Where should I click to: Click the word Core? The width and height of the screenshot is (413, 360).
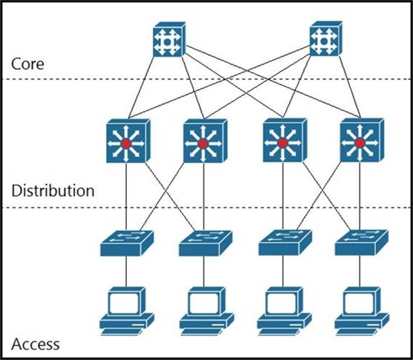click(x=28, y=64)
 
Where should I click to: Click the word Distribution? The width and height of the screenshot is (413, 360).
click(x=53, y=191)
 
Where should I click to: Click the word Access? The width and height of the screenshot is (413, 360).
click(x=36, y=344)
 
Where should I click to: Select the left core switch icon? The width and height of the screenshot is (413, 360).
click(x=167, y=40)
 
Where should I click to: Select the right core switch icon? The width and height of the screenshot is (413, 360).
click(x=324, y=40)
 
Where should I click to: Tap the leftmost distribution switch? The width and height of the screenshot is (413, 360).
click(x=127, y=142)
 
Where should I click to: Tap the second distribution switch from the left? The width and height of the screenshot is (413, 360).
click(x=204, y=142)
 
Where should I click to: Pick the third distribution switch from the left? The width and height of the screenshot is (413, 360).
click(x=283, y=142)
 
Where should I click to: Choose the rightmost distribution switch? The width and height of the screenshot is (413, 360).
click(x=360, y=142)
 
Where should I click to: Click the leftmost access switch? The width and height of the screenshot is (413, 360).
click(x=126, y=243)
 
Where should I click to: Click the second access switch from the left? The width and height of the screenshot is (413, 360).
click(x=204, y=243)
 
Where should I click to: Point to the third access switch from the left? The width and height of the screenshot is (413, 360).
click(x=283, y=243)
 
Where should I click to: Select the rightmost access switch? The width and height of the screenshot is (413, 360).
click(x=361, y=243)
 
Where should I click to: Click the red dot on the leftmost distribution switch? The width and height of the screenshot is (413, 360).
click(x=126, y=144)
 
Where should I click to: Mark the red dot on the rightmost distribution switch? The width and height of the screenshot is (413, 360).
click(x=360, y=143)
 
